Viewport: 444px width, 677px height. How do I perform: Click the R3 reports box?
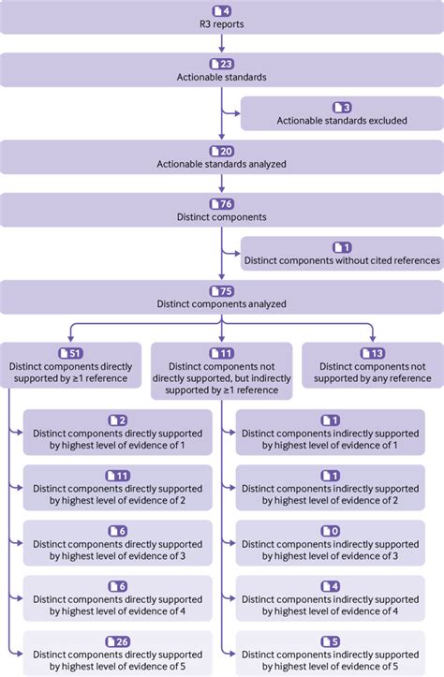221,18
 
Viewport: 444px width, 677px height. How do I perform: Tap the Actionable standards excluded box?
342,113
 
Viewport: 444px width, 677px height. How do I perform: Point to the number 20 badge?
226,152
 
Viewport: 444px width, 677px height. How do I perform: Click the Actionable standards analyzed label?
221,165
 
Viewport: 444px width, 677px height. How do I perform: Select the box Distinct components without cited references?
342,253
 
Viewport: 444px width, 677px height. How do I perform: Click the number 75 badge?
226,291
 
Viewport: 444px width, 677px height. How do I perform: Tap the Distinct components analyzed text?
221,304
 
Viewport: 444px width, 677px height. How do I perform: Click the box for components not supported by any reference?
372,365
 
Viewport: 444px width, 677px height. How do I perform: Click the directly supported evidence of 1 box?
117,433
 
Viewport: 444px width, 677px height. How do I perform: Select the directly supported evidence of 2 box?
117,488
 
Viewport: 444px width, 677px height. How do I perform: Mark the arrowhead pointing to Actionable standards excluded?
236,113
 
